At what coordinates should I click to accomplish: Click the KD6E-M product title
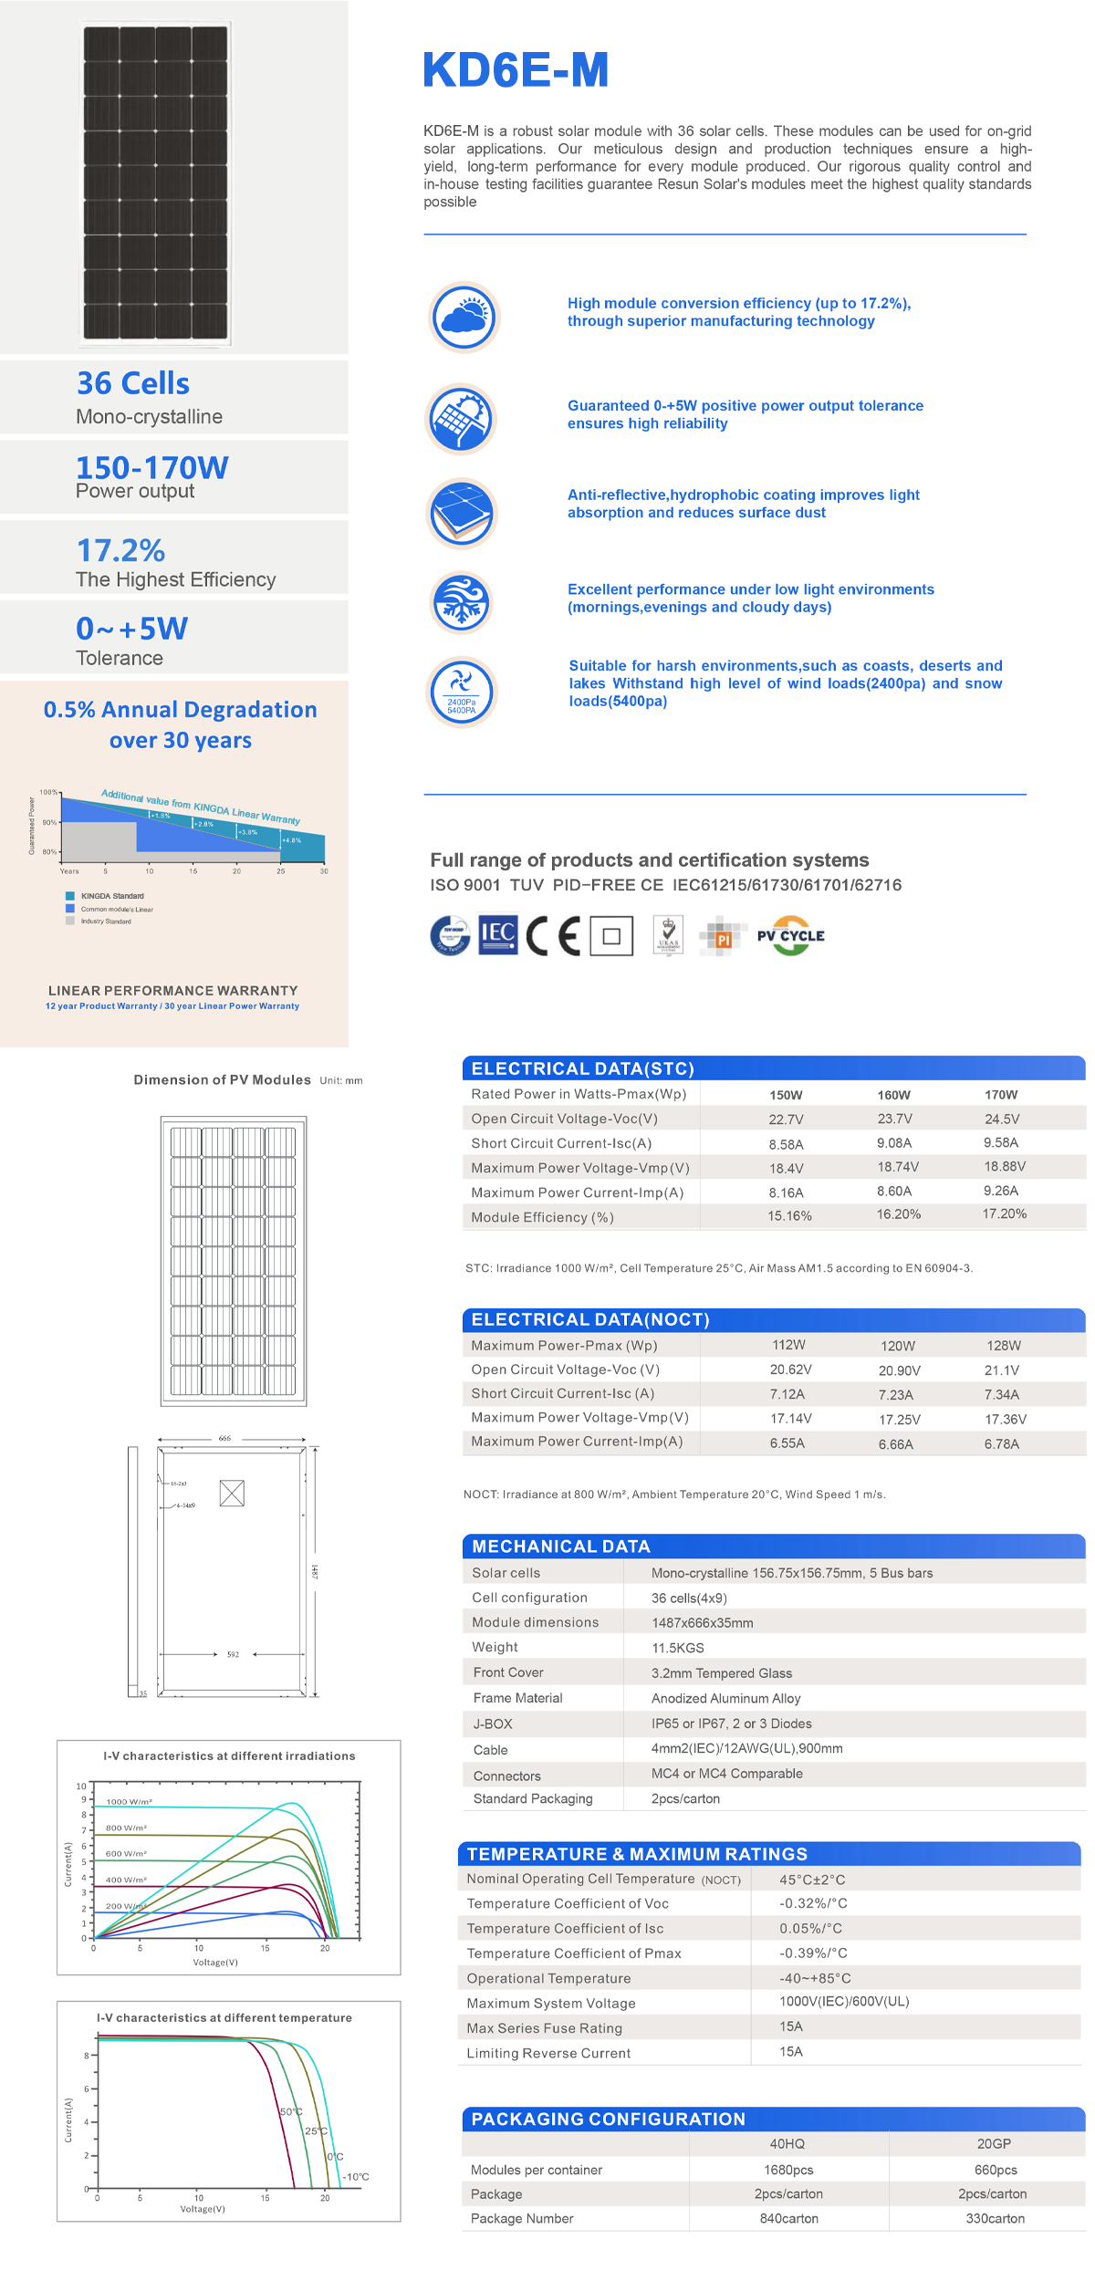(x=516, y=70)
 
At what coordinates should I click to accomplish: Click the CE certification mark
(x=553, y=935)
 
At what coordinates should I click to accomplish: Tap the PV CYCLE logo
(x=791, y=935)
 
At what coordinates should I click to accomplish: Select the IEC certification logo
(x=498, y=933)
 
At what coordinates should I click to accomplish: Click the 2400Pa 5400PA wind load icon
(x=462, y=692)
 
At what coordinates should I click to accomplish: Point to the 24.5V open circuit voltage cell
(x=1001, y=1119)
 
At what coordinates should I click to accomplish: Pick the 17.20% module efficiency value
(x=1004, y=1213)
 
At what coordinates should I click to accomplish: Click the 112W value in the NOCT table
(x=788, y=1345)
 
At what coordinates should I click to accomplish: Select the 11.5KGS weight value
(x=678, y=1648)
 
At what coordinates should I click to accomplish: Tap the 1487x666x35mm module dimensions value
(x=703, y=1623)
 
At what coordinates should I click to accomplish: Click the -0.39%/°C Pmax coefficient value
(x=813, y=1953)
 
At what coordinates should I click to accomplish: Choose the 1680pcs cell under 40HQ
(x=788, y=2170)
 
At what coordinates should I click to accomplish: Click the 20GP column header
(x=994, y=2143)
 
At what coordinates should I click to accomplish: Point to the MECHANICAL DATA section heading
(x=561, y=1547)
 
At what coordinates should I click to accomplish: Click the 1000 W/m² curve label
(x=129, y=1802)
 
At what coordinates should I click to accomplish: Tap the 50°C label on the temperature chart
(x=291, y=2112)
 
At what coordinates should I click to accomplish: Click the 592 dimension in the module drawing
(x=233, y=1654)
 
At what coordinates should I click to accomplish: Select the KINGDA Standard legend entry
(x=111, y=896)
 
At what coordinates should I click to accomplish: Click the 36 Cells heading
(x=133, y=383)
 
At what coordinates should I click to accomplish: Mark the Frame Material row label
(x=517, y=1698)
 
